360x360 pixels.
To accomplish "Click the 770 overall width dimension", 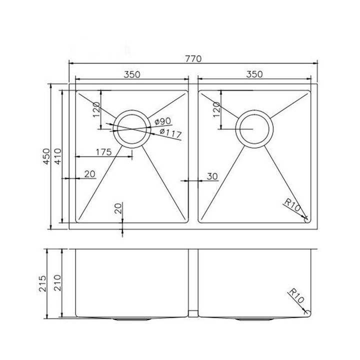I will click(193, 58).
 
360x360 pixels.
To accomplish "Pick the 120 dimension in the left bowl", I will click(96, 107).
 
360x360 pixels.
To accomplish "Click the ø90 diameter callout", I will click(163, 122).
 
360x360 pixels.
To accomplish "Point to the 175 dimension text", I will click(103, 152).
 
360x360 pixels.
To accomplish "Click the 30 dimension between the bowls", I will click(211, 176).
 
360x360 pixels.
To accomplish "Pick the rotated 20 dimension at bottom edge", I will click(118, 209).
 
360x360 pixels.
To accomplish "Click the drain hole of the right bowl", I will click(255, 129).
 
